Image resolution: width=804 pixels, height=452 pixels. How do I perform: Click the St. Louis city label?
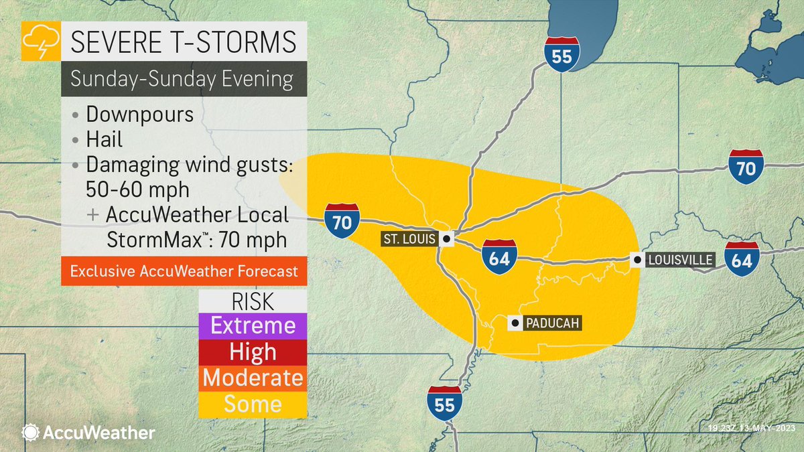click(409, 238)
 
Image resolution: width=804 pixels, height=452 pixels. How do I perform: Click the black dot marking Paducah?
click(515, 323)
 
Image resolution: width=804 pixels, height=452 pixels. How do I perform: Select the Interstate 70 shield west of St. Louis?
click(342, 220)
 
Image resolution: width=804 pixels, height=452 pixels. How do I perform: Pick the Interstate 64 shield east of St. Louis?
click(499, 256)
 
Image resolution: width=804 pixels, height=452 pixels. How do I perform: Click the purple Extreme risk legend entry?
click(253, 326)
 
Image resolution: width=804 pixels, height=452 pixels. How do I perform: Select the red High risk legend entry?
click(253, 352)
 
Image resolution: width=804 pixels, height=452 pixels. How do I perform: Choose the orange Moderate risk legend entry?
click(253, 378)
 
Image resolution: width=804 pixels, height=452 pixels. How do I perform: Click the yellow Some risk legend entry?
click(253, 404)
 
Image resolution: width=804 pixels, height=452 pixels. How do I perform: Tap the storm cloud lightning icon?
click(41, 42)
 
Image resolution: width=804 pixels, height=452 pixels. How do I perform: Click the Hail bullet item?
click(106, 141)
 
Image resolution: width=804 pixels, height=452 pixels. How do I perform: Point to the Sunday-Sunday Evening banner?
click(183, 79)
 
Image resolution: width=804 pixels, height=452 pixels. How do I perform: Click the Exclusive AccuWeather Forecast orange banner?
click(184, 272)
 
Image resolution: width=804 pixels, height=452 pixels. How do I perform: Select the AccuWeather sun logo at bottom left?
click(31, 433)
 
